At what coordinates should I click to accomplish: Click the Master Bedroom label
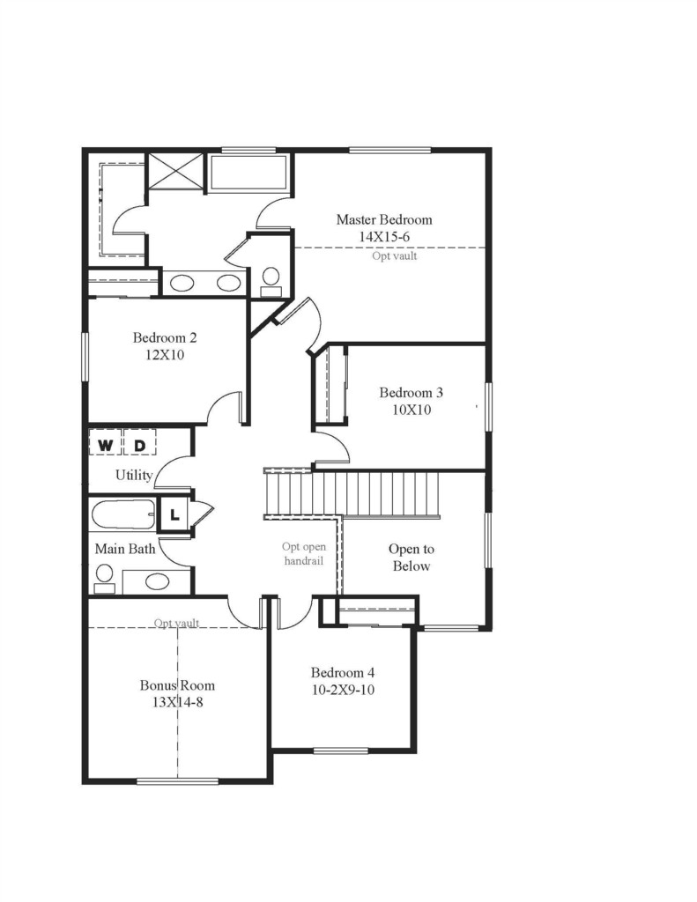[x=384, y=219]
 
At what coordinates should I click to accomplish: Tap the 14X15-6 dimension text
[x=384, y=236]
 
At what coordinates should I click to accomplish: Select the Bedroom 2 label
[x=165, y=337]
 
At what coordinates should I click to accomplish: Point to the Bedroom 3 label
[x=411, y=393]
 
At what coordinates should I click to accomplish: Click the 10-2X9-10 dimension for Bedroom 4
[x=343, y=690]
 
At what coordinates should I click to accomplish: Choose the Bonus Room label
[x=177, y=685]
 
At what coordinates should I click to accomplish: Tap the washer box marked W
[x=106, y=445]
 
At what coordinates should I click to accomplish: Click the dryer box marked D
[x=140, y=445]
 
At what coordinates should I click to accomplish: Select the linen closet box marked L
[x=174, y=514]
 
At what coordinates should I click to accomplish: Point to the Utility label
[x=134, y=475]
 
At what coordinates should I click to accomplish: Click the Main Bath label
[x=125, y=549]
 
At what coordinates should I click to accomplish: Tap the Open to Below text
[x=412, y=558]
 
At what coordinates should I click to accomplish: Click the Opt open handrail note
[x=303, y=553]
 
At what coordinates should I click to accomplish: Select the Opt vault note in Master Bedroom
[x=394, y=256]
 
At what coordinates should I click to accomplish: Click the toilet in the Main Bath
[x=105, y=578]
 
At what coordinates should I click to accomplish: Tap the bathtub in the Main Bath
[x=123, y=514]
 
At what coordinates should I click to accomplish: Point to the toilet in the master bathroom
[x=271, y=282]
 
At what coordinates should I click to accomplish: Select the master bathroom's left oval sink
[x=182, y=283]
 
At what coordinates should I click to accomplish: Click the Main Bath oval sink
[x=157, y=581]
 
